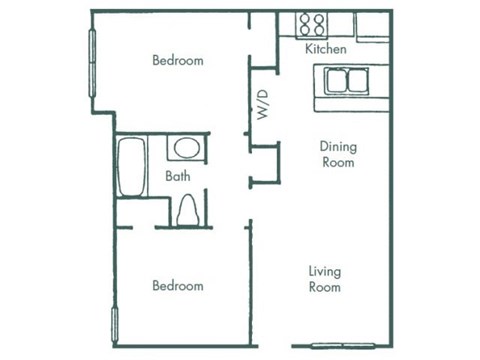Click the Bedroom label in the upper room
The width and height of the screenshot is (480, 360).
(x=178, y=60)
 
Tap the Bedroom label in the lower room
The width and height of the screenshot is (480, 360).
(x=178, y=286)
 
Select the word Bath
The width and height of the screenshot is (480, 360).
(x=178, y=176)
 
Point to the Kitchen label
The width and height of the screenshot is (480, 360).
(x=326, y=48)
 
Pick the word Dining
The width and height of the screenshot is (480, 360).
(x=338, y=147)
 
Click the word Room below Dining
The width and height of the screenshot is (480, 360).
(x=338, y=163)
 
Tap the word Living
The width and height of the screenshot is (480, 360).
(x=325, y=271)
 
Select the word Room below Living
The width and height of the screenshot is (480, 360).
(x=325, y=287)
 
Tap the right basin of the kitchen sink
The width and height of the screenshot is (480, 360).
(x=356, y=79)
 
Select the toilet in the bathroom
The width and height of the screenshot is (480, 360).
(x=187, y=211)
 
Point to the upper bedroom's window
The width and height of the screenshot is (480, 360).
(x=94, y=59)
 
